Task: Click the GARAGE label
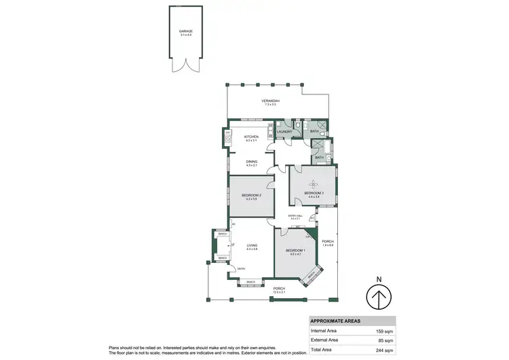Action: tap(185, 31)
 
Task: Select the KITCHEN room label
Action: tap(251, 137)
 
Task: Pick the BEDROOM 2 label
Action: tap(250, 196)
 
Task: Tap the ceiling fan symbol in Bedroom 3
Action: tap(314, 183)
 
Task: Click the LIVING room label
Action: tap(250, 247)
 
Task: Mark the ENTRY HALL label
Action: tap(295, 216)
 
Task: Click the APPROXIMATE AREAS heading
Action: tap(335, 321)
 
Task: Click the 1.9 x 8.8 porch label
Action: tap(327, 242)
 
